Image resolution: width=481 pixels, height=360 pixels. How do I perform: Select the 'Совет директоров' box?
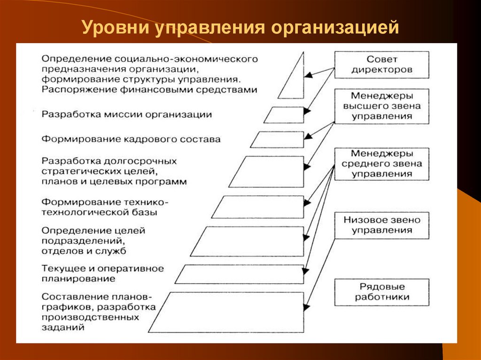pyautogui.click(x=381, y=64)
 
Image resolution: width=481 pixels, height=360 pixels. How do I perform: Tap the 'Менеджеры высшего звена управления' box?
pyautogui.click(x=381, y=106)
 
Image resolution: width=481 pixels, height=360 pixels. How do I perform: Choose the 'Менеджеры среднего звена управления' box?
pyautogui.click(x=381, y=164)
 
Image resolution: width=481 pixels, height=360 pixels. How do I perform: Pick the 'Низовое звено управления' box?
pyautogui.click(x=381, y=225)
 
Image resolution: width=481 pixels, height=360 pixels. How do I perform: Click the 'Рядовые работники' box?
pyautogui.click(x=381, y=291)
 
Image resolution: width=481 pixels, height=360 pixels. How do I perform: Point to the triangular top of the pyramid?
pyautogui.click(x=292, y=80)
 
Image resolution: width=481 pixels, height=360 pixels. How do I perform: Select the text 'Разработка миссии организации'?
pyautogui.click(x=126, y=115)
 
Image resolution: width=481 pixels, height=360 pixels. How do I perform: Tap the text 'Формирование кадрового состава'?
pyautogui.click(x=131, y=139)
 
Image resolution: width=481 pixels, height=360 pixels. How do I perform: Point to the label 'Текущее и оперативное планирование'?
pyautogui.click(x=102, y=274)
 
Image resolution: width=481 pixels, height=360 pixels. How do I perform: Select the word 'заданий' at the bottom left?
pyautogui.click(x=63, y=328)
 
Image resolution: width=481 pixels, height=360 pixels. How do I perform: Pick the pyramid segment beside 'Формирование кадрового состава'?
pyautogui.click(x=278, y=139)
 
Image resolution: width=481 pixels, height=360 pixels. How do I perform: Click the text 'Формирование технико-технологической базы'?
pyautogui.click(x=104, y=207)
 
